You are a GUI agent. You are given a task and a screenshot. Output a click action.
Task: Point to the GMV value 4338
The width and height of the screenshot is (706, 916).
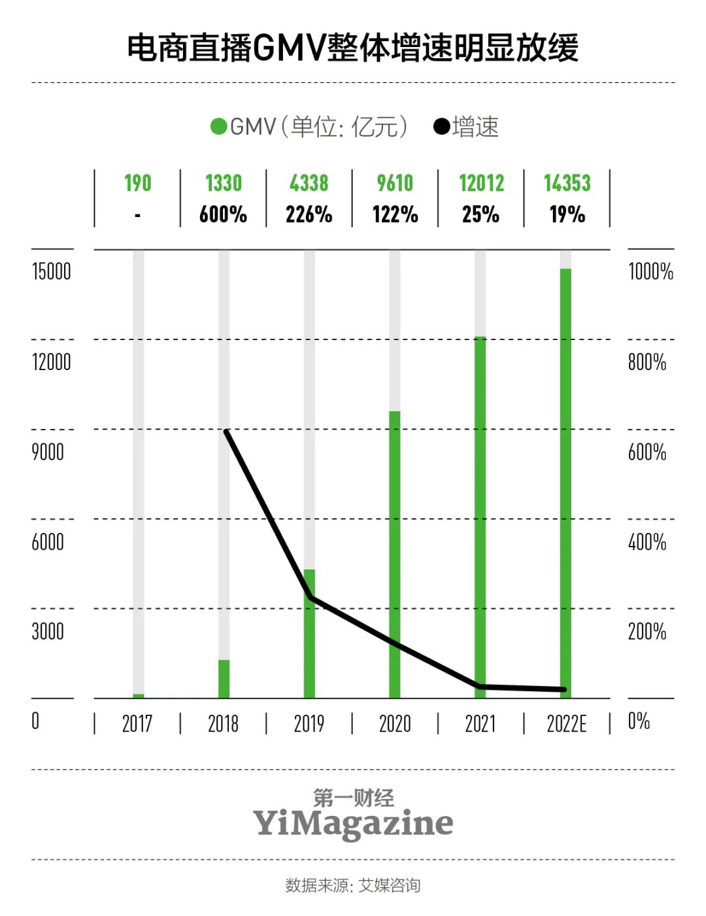tap(309, 183)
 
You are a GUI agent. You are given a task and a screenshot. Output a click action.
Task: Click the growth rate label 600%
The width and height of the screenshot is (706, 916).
tap(223, 214)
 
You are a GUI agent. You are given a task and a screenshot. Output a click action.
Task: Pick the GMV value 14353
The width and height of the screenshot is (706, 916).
tap(567, 183)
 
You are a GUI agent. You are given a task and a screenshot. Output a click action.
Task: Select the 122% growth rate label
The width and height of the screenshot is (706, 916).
tap(395, 214)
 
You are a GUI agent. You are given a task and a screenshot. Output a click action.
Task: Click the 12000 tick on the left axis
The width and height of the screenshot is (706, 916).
tap(51, 362)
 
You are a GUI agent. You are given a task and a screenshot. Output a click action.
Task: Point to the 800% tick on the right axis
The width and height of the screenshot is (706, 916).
tap(647, 362)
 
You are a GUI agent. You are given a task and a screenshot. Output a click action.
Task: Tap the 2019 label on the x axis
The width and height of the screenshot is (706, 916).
tap(309, 724)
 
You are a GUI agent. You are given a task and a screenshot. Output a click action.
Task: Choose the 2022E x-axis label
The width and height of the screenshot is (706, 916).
tap(567, 724)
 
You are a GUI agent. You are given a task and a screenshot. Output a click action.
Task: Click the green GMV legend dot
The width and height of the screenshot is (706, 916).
tap(218, 126)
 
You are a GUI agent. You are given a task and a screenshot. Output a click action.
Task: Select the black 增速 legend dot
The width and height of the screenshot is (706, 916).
tap(442, 126)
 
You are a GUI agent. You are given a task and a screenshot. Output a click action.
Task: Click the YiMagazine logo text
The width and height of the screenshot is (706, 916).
tap(353, 823)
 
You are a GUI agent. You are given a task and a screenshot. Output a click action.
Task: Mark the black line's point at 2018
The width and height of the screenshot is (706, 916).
tap(226, 431)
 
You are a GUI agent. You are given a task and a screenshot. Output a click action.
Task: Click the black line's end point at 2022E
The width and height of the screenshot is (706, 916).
tap(564, 689)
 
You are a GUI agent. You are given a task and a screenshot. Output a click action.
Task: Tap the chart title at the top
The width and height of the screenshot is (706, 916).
tap(353, 48)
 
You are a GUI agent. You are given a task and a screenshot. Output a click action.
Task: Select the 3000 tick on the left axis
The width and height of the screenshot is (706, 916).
tap(48, 632)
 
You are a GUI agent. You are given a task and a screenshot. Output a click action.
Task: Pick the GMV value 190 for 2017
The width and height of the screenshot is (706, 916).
tap(137, 183)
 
